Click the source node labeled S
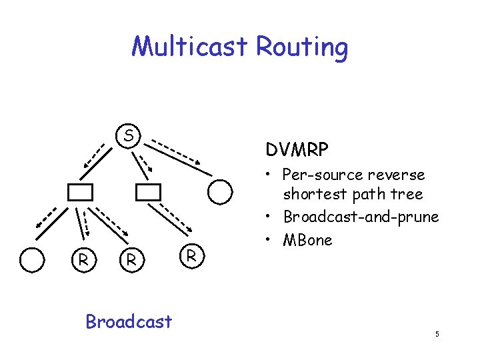(128, 136)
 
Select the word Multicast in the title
(189, 46)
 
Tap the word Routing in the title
(302, 48)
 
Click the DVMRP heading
(297, 149)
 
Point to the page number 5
(437, 334)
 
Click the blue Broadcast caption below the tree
(129, 321)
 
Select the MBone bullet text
(307, 240)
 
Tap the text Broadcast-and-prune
(361, 217)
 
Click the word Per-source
(323, 175)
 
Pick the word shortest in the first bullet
(315, 194)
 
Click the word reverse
(396, 175)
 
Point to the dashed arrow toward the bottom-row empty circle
(46, 218)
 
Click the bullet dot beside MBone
(267, 239)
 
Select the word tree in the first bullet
(407, 194)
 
